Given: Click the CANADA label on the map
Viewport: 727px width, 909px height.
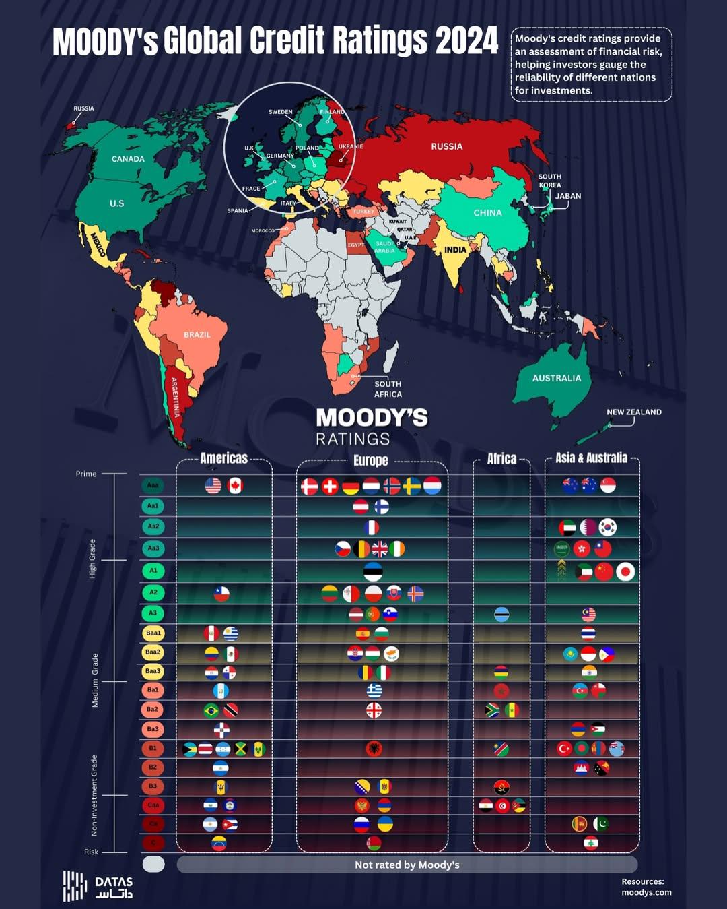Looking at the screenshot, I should (x=128, y=159).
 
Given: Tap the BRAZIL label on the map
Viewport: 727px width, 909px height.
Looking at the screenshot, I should (x=197, y=335).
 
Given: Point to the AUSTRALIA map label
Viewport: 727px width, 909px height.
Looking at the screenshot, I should (x=556, y=378).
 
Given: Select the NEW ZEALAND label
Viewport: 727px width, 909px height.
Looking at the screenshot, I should (x=633, y=412).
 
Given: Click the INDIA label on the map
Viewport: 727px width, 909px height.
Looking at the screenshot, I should (x=455, y=249).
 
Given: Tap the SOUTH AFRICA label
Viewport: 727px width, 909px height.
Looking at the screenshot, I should (x=388, y=389).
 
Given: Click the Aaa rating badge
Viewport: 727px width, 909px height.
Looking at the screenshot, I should (x=153, y=484).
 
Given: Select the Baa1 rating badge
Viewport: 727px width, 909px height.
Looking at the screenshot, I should (x=153, y=633).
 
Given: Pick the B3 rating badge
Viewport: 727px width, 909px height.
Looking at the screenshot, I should (x=153, y=786).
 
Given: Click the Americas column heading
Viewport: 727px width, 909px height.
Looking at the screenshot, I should (x=223, y=458).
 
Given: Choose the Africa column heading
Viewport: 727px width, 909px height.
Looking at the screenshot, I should (x=501, y=459).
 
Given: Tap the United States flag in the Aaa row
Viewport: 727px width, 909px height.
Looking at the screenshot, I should (x=213, y=485).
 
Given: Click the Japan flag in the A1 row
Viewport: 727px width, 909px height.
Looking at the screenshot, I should (x=625, y=572).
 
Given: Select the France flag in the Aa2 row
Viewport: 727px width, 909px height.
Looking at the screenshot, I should (x=371, y=528).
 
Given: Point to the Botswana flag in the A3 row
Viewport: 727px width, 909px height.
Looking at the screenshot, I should (x=501, y=615).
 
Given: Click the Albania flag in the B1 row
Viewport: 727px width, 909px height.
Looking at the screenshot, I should (x=374, y=748).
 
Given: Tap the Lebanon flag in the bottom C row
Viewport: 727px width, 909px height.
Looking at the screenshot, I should (x=590, y=843).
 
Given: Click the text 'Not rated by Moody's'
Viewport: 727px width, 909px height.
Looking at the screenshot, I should (x=407, y=865).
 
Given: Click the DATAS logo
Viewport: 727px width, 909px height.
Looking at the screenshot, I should (x=98, y=886).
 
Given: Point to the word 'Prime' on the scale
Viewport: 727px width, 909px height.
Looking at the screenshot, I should (x=86, y=474).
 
